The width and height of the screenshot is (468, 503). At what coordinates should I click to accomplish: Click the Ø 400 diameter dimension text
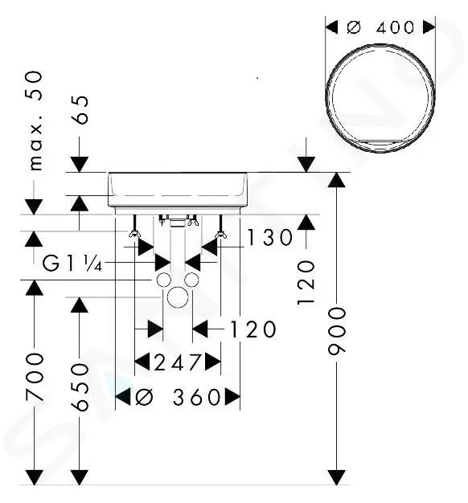[x=380, y=27]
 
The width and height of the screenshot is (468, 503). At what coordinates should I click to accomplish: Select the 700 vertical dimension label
[x=35, y=377]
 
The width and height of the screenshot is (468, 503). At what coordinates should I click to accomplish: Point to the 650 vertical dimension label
[x=80, y=386]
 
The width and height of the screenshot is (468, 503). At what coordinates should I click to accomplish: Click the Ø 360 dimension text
[x=179, y=397]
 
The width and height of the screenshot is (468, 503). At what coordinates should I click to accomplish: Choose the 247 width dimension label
[x=178, y=362]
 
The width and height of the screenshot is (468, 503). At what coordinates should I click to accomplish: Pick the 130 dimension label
[x=269, y=237]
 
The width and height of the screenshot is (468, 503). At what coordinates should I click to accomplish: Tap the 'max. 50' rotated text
[x=35, y=121]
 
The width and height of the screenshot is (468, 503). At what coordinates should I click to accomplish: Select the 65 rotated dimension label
[x=80, y=110]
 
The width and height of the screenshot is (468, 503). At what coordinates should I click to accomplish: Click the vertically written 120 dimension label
[x=306, y=282]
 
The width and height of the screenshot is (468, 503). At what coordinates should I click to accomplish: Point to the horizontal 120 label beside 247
[x=253, y=329]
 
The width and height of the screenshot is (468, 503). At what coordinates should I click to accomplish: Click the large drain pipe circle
[x=178, y=297]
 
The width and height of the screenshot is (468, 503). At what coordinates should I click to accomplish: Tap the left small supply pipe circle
[x=164, y=280]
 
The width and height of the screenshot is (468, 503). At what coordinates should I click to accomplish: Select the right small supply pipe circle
[x=191, y=280]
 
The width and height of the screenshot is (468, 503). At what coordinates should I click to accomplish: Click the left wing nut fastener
[x=134, y=234]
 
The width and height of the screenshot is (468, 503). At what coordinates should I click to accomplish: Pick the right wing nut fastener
[x=220, y=234]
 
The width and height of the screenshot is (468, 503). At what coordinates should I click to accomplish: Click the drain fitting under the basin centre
[x=178, y=221]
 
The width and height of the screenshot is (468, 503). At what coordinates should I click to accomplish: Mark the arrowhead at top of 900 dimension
[x=336, y=180]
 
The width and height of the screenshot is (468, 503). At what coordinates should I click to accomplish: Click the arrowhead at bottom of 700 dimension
[x=35, y=477]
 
